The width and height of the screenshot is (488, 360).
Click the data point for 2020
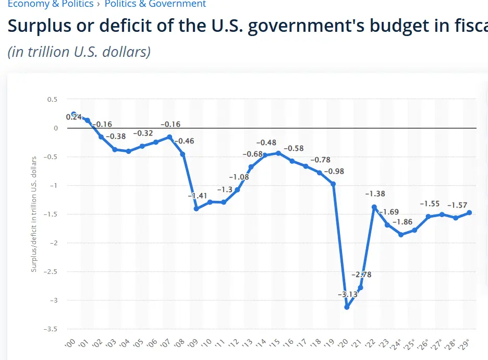[347, 307]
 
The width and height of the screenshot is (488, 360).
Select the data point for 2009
[196, 209]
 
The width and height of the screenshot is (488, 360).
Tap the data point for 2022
[374, 207]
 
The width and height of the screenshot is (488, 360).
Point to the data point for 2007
[169, 137]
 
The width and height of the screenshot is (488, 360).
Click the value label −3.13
[347, 294]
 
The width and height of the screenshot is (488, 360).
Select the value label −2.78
[361, 274]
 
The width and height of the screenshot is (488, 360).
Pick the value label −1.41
[198, 196]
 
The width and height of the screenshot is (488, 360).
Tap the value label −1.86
[402, 222]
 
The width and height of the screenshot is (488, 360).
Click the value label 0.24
[74, 117]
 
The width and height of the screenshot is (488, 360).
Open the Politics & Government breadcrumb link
[155, 4]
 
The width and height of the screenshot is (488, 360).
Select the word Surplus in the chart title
[41, 27]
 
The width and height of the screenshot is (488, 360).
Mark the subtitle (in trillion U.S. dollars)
[79, 52]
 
